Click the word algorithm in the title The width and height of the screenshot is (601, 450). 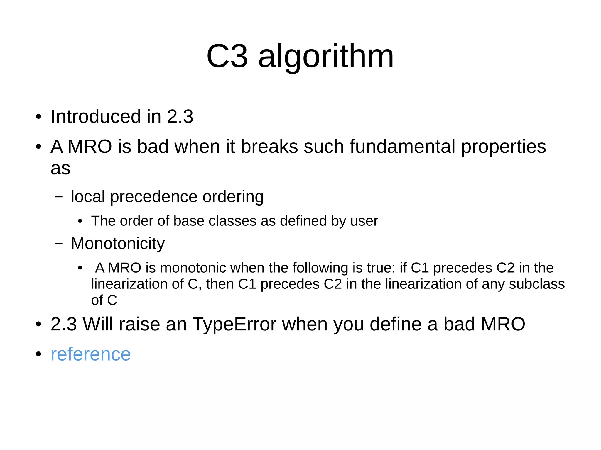(x=326, y=56)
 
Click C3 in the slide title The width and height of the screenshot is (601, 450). (x=227, y=56)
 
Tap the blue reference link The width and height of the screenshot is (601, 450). (x=91, y=354)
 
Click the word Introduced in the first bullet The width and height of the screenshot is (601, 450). (x=96, y=117)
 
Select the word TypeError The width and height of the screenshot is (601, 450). (x=234, y=324)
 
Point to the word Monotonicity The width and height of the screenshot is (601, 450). (x=118, y=244)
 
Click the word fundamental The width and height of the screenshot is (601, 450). (x=402, y=147)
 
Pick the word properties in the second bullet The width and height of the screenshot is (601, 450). (x=503, y=147)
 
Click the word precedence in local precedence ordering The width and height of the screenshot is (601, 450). (x=154, y=197)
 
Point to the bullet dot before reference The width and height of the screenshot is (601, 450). (x=38, y=354)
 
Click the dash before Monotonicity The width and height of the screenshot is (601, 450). (x=59, y=244)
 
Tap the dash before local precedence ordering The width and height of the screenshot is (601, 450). (x=59, y=197)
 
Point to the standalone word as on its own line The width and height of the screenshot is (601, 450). (x=60, y=169)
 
